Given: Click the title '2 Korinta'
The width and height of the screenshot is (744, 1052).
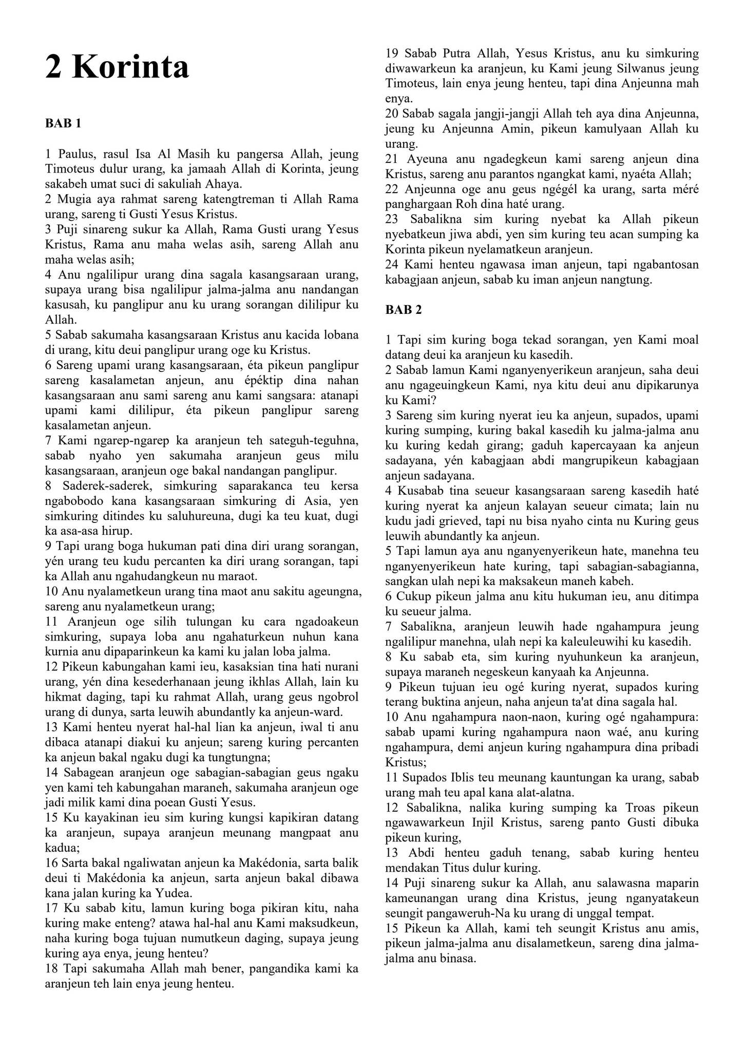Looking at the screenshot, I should (x=117, y=67).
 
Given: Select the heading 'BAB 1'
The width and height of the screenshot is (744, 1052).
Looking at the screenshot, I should (x=63, y=123).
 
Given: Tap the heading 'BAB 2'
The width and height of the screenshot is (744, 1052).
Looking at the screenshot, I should (x=404, y=310).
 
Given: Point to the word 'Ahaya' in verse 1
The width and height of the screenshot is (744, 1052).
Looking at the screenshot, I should (x=223, y=184).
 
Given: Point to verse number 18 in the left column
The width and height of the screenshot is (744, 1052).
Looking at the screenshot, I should (x=51, y=968).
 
